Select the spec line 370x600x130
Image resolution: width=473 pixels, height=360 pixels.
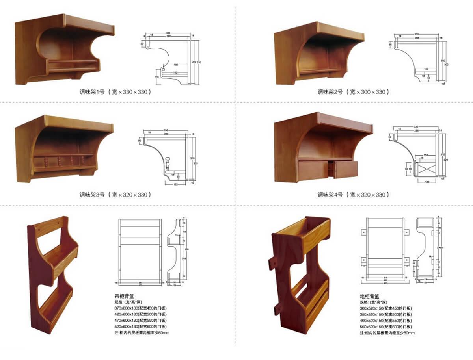tap(140, 308)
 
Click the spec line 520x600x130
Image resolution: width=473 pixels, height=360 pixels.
tap(140, 327)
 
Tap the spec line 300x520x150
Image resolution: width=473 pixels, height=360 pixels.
tap(386, 308)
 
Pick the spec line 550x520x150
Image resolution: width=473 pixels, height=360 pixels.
tap(386, 327)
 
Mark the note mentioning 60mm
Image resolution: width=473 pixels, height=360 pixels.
tap(142, 333)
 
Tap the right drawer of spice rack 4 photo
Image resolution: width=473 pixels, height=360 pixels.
tap(346, 169)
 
